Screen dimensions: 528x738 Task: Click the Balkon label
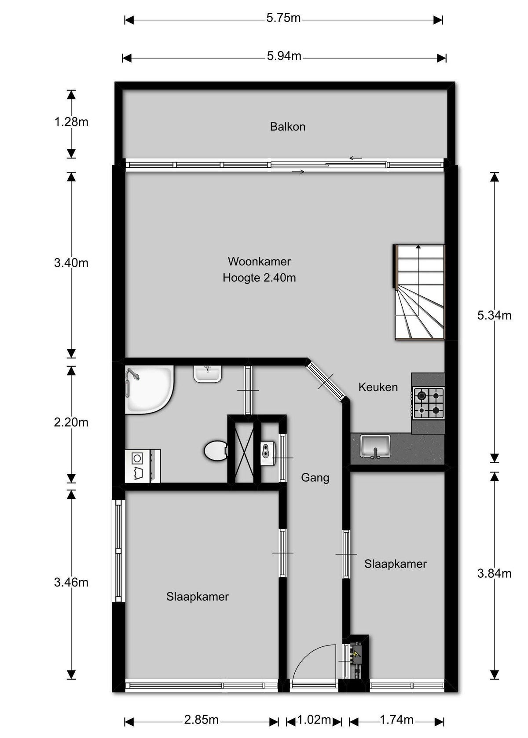[287, 126]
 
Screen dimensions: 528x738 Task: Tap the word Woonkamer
[259, 261]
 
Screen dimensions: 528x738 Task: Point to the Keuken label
[378, 387]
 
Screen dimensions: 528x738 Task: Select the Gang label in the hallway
[315, 478]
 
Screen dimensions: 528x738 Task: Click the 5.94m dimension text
[284, 56]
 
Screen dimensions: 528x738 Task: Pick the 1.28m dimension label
[71, 122]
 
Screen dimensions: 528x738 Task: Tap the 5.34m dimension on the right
[494, 315]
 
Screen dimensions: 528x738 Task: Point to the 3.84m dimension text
[494, 574]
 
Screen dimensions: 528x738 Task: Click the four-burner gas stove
[429, 403]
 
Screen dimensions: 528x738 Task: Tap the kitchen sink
[375, 446]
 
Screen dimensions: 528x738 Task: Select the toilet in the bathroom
[216, 451]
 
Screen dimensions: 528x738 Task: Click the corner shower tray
[149, 389]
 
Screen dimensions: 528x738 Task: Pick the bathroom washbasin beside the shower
[207, 374]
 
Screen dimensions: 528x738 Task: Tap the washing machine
[143, 466]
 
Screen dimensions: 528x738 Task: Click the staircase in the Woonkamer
[419, 292]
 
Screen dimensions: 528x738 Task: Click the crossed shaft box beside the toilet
[241, 451]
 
